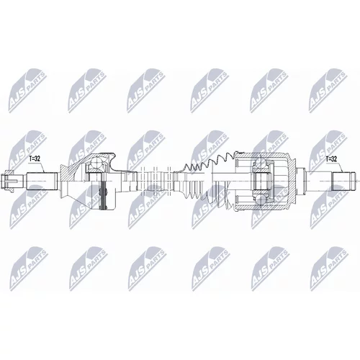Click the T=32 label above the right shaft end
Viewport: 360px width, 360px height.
click(331, 158)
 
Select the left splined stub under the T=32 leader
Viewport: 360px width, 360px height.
click(42, 181)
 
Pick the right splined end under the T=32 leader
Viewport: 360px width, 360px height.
click(343, 181)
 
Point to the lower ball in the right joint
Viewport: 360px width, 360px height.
click(261, 199)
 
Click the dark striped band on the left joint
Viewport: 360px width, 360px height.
click(104, 195)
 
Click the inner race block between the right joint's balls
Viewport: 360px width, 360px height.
click(261, 181)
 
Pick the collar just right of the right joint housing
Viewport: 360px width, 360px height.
click(301, 181)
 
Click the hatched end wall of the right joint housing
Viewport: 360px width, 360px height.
click(292, 181)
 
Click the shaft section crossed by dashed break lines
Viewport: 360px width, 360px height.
click(155, 181)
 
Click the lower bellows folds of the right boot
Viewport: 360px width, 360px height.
click(207, 197)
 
